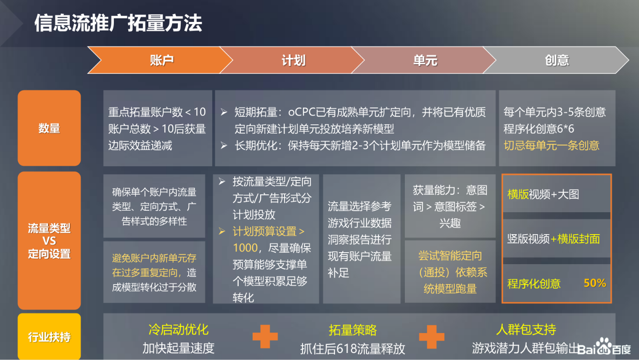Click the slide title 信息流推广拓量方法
pyautogui.click(x=118, y=23)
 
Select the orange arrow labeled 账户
pyautogui.click(x=160, y=60)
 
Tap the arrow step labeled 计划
pyautogui.click(x=293, y=60)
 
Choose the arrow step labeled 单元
pyautogui.click(x=424, y=60)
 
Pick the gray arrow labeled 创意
pyautogui.click(x=556, y=60)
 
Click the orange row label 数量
pyautogui.click(x=49, y=128)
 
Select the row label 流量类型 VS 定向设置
pyautogui.click(x=49, y=241)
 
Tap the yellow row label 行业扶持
pyautogui.click(x=49, y=337)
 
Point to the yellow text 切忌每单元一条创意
pyautogui.click(x=551, y=145)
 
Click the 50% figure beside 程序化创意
pyautogui.click(x=595, y=283)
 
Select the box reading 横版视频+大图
pyautogui.click(x=556, y=194)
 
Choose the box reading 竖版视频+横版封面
pyautogui.click(x=556, y=239)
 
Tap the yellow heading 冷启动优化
pyautogui.click(x=179, y=330)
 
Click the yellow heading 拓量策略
pyautogui.click(x=352, y=330)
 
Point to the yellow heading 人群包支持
pyautogui.click(x=526, y=330)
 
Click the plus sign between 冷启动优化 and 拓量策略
pyautogui.click(x=265, y=337)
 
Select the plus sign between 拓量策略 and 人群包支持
pyautogui.click(x=432, y=337)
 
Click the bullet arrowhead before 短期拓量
pyautogui.click(x=224, y=112)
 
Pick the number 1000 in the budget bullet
pyautogui.click(x=245, y=248)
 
